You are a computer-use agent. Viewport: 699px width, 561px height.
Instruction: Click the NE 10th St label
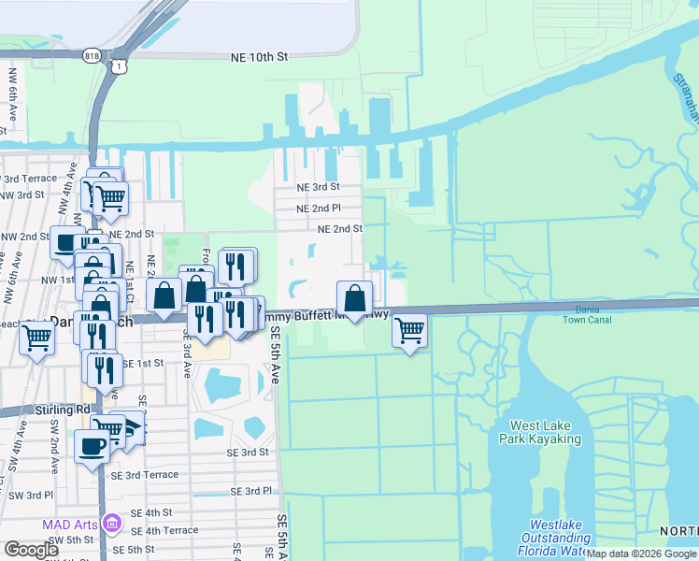pyautogui.click(x=259, y=57)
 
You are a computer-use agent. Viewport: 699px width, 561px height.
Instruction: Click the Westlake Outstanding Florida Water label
pyautogui.click(x=559, y=538)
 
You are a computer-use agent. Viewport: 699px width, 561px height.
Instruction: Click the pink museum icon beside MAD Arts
pyautogui.click(x=114, y=522)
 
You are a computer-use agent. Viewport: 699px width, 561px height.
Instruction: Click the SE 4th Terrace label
pyautogui.click(x=164, y=530)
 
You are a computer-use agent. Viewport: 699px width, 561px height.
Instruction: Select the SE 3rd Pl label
pyautogui.click(x=250, y=491)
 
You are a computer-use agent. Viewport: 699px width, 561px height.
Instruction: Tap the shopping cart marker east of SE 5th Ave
pyautogui.click(x=409, y=330)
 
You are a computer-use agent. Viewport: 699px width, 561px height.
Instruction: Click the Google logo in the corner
pyautogui.click(x=31, y=550)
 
